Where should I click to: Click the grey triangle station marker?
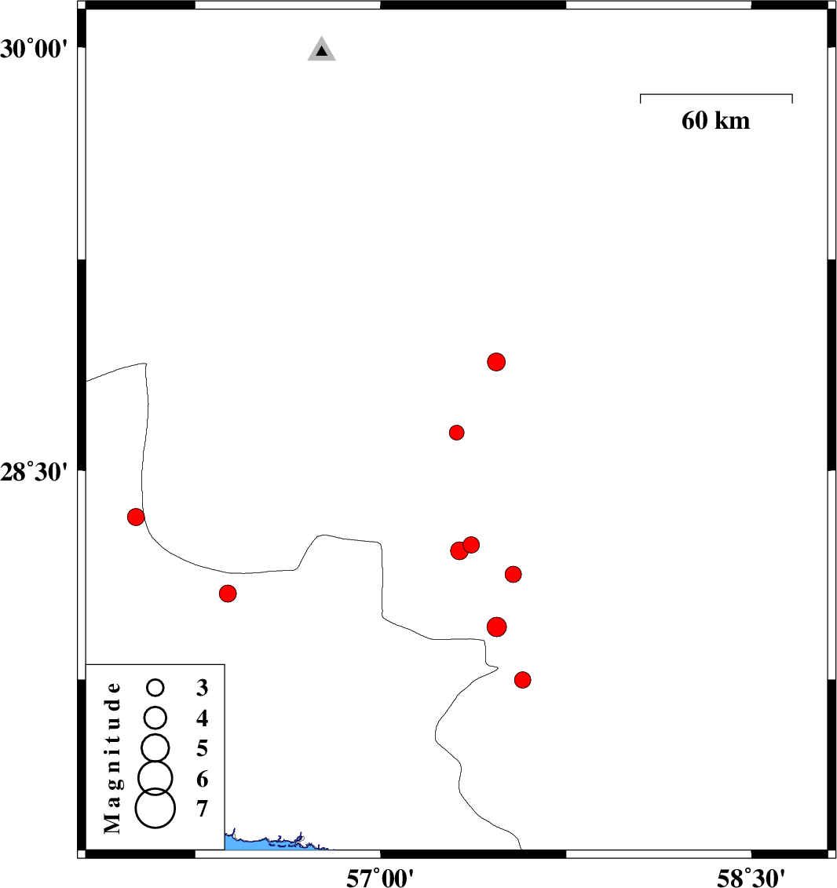click(x=322, y=49)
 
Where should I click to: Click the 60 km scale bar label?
click(x=716, y=121)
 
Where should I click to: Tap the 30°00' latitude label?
click(x=34, y=49)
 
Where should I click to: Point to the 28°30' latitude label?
click(x=34, y=472)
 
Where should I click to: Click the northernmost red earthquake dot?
click(x=496, y=362)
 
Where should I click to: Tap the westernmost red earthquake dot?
click(x=136, y=517)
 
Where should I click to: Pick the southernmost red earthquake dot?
click(x=523, y=680)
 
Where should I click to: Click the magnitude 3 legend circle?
click(x=155, y=688)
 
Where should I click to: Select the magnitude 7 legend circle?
click(x=155, y=808)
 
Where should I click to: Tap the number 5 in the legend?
click(x=202, y=749)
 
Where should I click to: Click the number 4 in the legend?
click(x=202, y=718)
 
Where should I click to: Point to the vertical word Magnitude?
click(x=112, y=758)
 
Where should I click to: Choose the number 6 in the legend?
click(x=202, y=780)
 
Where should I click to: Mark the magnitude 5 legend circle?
click(x=155, y=747)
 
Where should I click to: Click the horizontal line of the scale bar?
click(x=716, y=94)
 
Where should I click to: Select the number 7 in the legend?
click(x=202, y=809)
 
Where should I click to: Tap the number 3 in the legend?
click(x=202, y=688)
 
